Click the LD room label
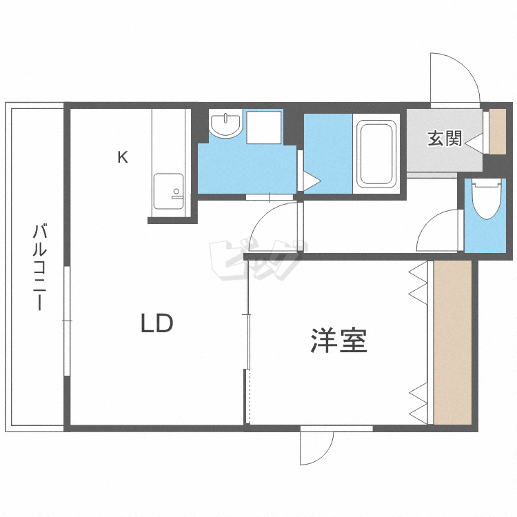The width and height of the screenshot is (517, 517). [x=157, y=323]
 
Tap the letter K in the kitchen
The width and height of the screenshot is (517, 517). [x=123, y=157]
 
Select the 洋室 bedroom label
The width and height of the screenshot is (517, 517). [x=338, y=341]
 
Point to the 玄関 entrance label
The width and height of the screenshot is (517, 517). [x=445, y=139]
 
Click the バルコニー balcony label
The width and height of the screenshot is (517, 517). [x=39, y=267]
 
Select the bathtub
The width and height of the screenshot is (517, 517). [x=376, y=154]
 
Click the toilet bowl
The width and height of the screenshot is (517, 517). [x=487, y=199]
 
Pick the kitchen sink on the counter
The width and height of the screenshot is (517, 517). [x=168, y=191]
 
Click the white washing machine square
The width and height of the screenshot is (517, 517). [x=264, y=128]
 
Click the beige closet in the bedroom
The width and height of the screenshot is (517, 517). [x=452, y=342]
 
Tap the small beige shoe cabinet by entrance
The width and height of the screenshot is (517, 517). [x=497, y=132]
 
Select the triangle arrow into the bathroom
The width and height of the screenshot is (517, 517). [x=312, y=181]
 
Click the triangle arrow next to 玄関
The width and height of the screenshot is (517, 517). [x=474, y=143]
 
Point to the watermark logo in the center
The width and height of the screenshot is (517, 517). [x=259, y=260]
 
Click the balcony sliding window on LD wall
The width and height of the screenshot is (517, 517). [x=68, y=321]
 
